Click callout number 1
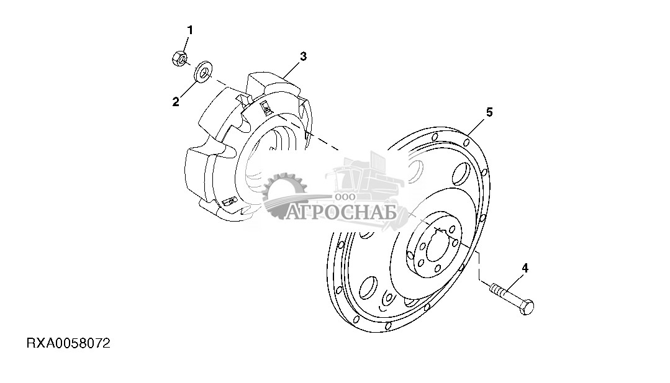pos(190,30)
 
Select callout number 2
pos(176,102)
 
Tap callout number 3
pos(303,56)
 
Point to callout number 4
pos(525,268)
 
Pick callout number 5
pos(489,112)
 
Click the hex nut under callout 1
pos(179,58)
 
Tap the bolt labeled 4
pos(512,299)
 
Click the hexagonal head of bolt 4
pos(527,307)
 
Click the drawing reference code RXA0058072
pos(69,343)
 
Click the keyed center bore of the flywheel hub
pos(440,245)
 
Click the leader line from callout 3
pos(292,68)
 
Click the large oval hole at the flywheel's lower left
pos(368,288)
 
